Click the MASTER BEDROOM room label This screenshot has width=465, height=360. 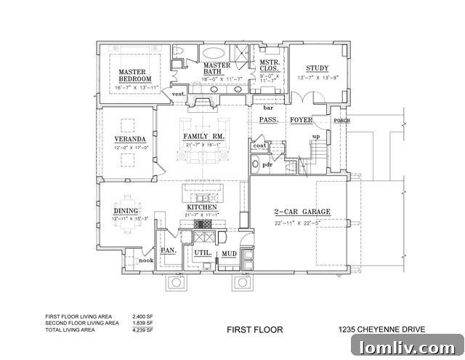click(x=135, y=75)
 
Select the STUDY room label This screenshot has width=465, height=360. click(x=317, y=68)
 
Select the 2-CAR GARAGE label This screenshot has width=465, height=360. click(x=302, y=212)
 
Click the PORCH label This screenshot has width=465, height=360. click(x=341, y=121)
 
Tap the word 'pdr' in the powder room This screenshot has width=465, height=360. click(x=267, y=164)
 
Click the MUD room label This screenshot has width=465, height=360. click(x=230, y=254)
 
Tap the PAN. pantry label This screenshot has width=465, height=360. click(x=168, y=250)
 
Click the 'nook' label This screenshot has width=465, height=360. click(x=146, y=260)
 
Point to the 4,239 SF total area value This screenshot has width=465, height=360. click(x=143, y=329)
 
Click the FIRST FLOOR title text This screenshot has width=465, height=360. click(x=254, y=329)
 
